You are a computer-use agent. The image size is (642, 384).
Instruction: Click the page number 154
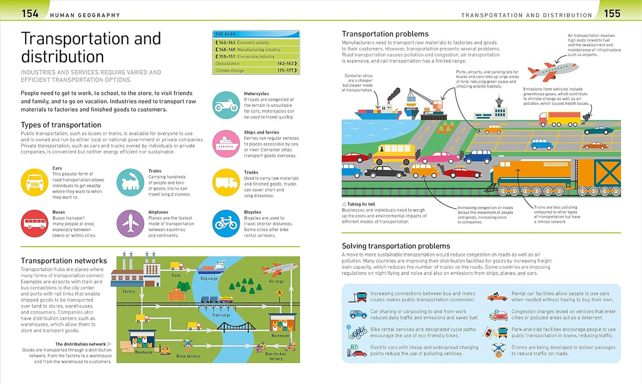pyautogui.click(x=30, y=14)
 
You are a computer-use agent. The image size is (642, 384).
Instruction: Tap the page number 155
pyautogui.click(x=612, y=14)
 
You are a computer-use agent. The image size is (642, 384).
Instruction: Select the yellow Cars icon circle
pyautogui.click(x=35, y=182)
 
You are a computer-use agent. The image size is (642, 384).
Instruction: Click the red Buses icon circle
pyautogui.click(x=35, y=223)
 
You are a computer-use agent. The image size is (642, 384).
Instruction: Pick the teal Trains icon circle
pyautogui.click(x=130, y=182)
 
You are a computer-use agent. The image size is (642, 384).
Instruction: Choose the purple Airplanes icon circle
pyautogui.click(x=130, y=223)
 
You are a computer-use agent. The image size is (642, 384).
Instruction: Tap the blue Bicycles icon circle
pyautogui.click(x=226, y=223)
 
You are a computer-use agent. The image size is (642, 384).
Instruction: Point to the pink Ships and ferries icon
pyautogui.click(x=226, y=144)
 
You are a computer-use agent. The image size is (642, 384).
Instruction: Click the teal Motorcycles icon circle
pyautogui.click(x=226, y=105)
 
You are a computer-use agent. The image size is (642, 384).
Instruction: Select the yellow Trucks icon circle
pyautogui.click(x=226, y=182)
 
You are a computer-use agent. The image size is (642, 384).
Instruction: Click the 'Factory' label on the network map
pyautogui.click(x=129, y=291)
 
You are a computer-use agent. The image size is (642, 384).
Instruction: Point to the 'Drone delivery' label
pyautogui.click(x=188, y=356)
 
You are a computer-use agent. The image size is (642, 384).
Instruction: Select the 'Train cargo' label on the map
pyautogui.click(x=221, y=315)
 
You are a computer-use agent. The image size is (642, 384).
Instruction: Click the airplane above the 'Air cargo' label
pyautogui.click(x=279, y=269)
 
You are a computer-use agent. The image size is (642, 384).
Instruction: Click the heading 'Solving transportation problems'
pyautogui.click(x=396, y=246)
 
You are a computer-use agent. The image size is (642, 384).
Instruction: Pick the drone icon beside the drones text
pyautogui.click(x=498, y=350)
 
